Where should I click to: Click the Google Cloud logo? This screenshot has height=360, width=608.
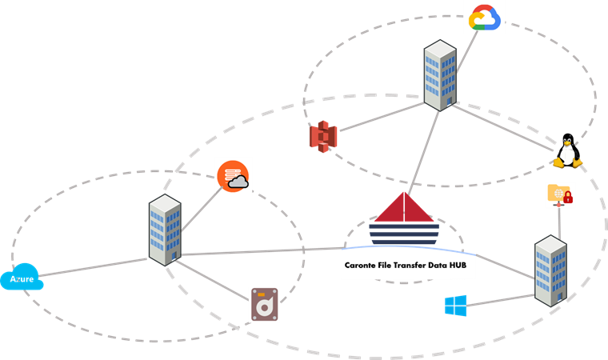pos(485,18)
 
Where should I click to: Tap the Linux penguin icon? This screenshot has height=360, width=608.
pos(568,151)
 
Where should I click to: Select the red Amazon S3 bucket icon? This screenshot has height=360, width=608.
pos(323,137)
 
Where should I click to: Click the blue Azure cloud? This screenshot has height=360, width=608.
pos(22,277)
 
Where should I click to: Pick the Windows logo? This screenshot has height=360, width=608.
pos(456,306)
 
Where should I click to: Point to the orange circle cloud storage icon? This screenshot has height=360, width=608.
pos(233,176)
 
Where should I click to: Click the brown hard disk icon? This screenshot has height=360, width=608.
pos(265,305)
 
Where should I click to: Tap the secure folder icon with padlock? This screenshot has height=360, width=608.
pos(560,194)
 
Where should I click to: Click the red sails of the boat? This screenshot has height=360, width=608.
pos(404,207)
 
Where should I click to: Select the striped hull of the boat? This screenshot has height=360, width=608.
pos(404,234)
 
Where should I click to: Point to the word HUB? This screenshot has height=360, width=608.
pos(458,266)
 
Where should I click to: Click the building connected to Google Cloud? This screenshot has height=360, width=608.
pos(440,75)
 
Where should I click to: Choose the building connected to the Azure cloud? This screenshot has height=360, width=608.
pos(165,230)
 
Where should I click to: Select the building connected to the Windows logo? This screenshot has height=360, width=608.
pos(550,270)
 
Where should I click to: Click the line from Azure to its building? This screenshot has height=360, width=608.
pos(93,267)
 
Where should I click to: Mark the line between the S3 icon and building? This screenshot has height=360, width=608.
pos(382,116)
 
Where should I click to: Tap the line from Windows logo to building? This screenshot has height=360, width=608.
pos(500,300)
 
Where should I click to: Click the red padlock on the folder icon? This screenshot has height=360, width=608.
pos(568,198)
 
